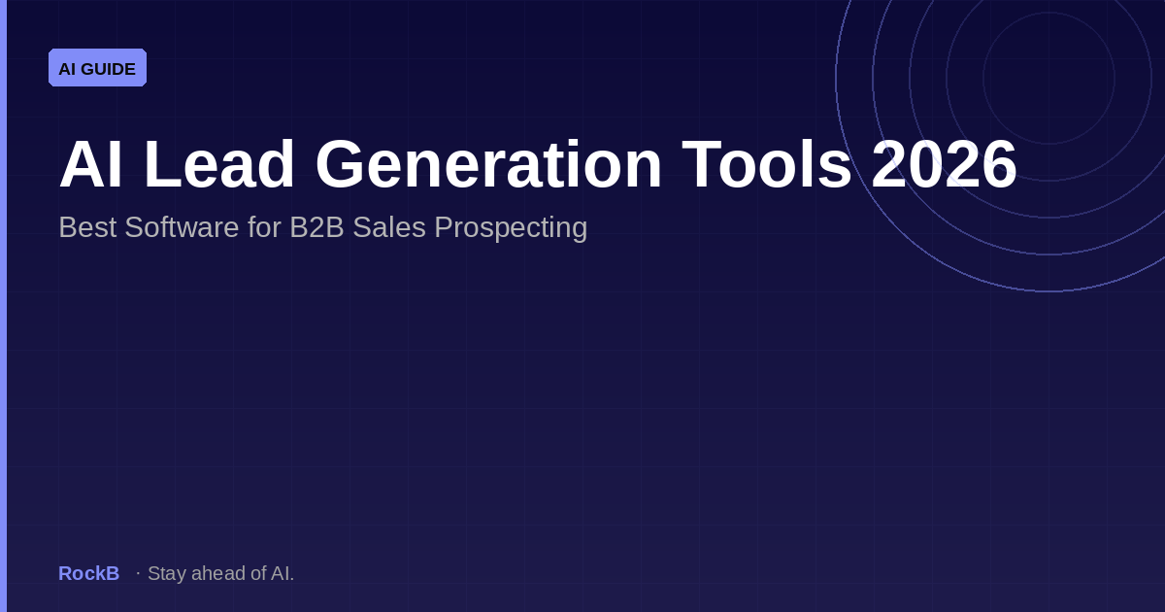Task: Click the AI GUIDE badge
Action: pyautogui.click(x=97, y=68)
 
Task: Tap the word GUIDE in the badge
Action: pyautogui.click(x=109, y=69)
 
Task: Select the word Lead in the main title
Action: pyautogui.click(x=219, y=165)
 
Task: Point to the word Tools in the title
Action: pyautogui.click(x=767, y=165)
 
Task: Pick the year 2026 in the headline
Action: pyautogui.click(x=944, y=165)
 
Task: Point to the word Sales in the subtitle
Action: pyautogui.click(x=389, y=227)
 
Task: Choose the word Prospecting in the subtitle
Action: pyautogui.click(x=511, y=228)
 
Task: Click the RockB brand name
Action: pyautogui.click(x=88, y=573)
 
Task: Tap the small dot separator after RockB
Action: pyautogui.click(x=138, y=573)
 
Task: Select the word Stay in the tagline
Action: pyautogui.click(x=166, y=573)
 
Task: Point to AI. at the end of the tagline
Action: pyautogui.click(x=282, y=573)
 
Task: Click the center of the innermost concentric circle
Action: pyautogui.click(x=1048, y=78)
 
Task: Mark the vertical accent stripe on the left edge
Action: pyautogui.click(x=3, y=306)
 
